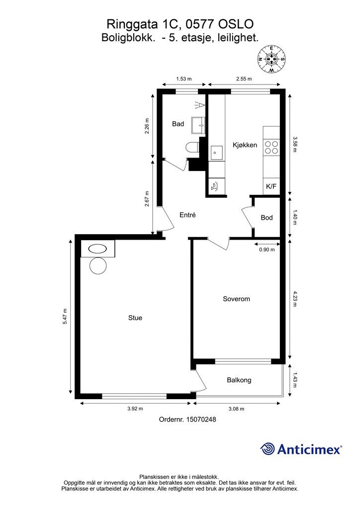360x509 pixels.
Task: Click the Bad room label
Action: click(178, 124)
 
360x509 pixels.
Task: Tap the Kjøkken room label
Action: click(245, 145)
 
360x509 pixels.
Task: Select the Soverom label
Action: click(236, 299)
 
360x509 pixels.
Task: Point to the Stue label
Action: click(135, 318)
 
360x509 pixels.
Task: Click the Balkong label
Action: click(239, 380)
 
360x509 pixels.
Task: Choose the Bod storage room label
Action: click(267, 218)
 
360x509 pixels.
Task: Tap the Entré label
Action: click(187, 215)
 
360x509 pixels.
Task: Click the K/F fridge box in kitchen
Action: click(271, 187)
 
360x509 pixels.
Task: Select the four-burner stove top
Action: click(271, 147)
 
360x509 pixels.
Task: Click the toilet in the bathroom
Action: click(192, 148)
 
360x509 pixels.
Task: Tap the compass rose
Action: click(271, 59)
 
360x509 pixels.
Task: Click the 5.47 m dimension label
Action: click(65, 316)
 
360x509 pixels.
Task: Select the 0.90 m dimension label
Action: click(267, 250)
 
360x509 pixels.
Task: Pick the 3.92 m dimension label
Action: click(135, 409)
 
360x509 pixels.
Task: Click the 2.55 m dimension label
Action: click(244, 79)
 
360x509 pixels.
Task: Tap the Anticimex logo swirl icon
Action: click(268, 449)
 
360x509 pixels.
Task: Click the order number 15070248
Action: click(201, 420)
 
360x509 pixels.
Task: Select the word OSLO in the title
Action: click(236, 24)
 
